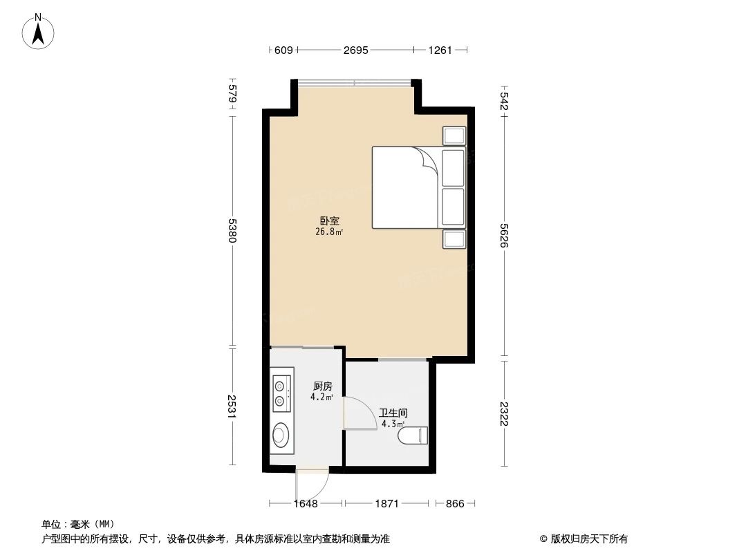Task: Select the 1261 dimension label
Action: click(x=440, y=50)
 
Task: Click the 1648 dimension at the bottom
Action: click(x=305, y=504)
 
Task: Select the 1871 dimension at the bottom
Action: click(x=387, y=504)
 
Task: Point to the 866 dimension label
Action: click(x=454, y=504)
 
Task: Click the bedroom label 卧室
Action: click(x=329, y=221)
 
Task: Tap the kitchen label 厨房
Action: click(x=323, y=386)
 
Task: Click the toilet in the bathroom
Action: click(x=416, y=435)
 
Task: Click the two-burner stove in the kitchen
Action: click(x=280, y=391)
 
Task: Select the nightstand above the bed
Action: click(x=454, y=135)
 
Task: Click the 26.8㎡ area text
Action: click(x=329, y=232)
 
